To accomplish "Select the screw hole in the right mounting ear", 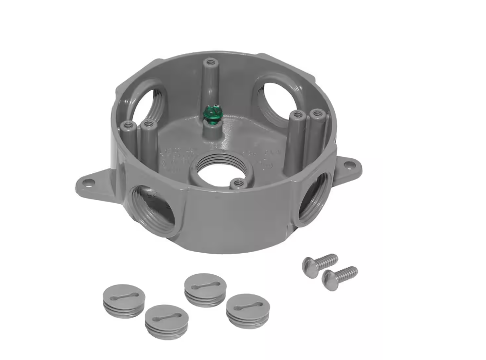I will click(348, 165).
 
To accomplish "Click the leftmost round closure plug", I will click(124, 301).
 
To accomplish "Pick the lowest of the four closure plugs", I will click(167, 320).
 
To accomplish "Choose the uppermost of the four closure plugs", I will click(205, 289).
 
